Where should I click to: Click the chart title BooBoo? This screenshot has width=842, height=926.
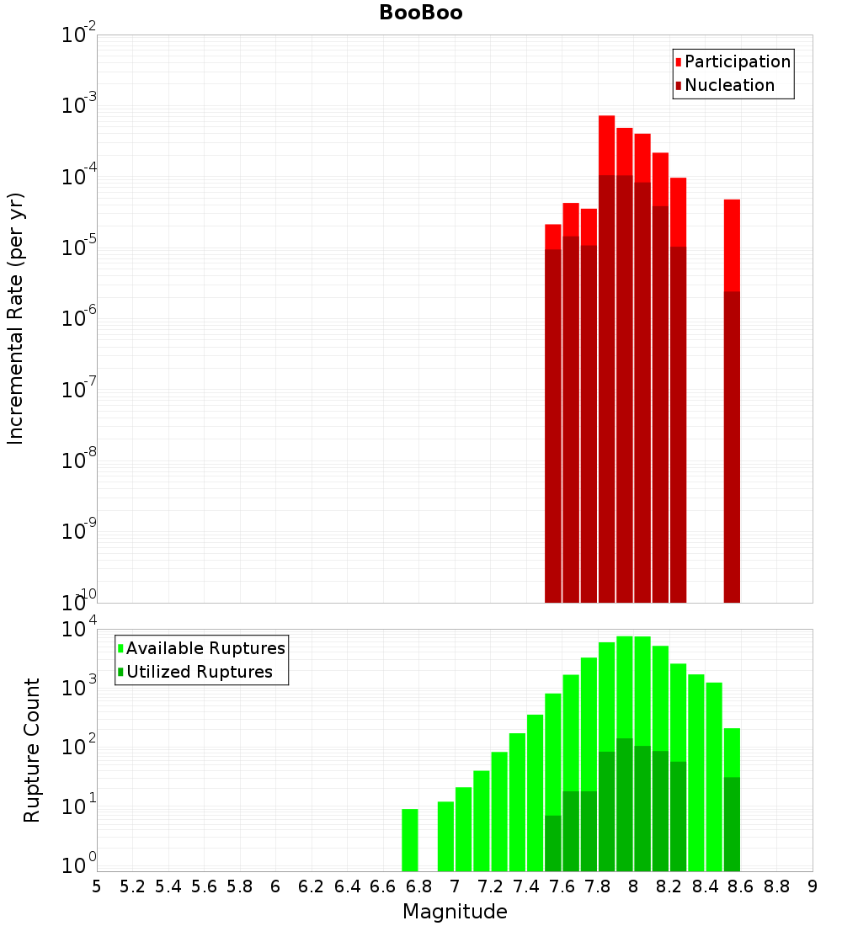[x=420, y=13]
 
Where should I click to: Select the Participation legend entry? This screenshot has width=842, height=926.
[x=737, y=61]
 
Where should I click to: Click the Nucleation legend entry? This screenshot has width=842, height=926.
[x=728, y=85]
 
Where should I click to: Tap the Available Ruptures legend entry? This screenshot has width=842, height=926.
[x=205, y=648]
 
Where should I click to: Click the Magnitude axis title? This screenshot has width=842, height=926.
[x=455, y=912]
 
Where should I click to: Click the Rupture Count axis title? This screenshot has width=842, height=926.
[x=32, y=749]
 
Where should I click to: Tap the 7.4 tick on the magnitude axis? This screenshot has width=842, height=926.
[x=526, y=886]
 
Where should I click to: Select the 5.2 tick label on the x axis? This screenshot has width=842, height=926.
[x=132, y=886]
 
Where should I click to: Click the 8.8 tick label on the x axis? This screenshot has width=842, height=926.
[x=776, y=886]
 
